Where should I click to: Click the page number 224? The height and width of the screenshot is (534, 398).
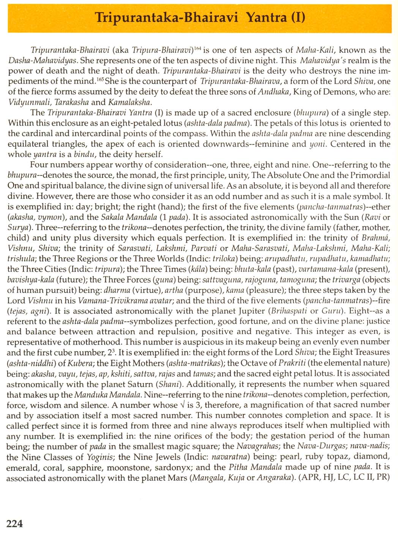pyautogui.click(x=15, y=524)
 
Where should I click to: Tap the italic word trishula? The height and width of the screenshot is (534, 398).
pyautogui.click(x=21, y=259)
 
